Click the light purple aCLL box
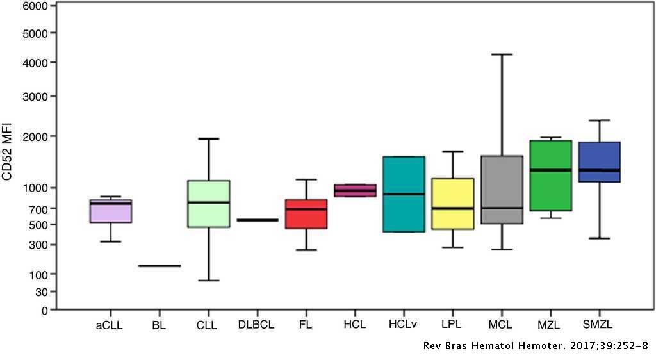tap(111, 211)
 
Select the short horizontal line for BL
tap(160, 266)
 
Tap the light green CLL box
tap(209, 204)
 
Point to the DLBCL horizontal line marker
tap(258, 220)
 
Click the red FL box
tap(306, 214)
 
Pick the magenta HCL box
tap(355, 190)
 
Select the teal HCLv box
tap(404, 193)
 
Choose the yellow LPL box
tap(453, 204)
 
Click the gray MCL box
tap(502, 190)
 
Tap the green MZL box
tap(551, 175)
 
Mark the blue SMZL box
tap(600, 162)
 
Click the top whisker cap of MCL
tap(502, 54)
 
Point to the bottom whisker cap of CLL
tap(209, 281)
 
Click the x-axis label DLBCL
tap(256, 325)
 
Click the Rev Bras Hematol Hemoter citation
tap(536, 346)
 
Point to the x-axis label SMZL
tap(598, 325)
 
